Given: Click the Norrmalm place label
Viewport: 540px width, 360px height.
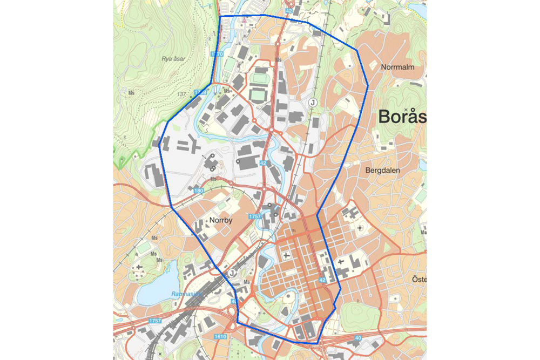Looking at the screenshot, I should [397, 68].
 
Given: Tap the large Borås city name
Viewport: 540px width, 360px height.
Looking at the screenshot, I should [402, 116].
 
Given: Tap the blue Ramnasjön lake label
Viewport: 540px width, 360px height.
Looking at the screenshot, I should [186, 294].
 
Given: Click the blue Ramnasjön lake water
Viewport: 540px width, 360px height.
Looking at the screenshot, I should [157, 286].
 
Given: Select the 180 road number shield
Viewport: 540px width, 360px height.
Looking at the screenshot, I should [198, 191].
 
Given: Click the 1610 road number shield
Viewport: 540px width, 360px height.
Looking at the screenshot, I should [220, 337].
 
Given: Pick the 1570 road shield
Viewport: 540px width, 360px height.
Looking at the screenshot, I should [217, 55].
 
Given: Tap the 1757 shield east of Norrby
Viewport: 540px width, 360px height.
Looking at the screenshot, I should [255, 216].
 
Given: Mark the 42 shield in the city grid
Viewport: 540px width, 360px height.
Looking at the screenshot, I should [322, 281].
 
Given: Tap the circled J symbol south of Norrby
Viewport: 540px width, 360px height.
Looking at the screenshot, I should [232, 273].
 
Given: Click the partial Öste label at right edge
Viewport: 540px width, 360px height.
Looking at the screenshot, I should [418, 279].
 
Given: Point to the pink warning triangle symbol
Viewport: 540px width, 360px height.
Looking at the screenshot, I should [244, 20].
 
